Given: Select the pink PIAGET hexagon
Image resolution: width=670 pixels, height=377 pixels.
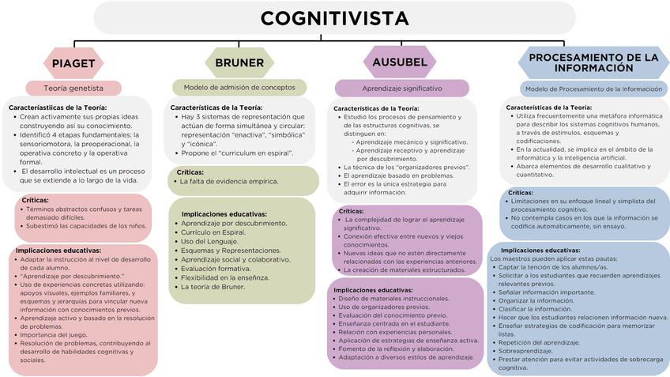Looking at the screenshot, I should pyautogui.click(x=74, y=63).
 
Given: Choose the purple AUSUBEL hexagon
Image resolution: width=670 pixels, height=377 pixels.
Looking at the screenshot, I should pyautogui.click(x=401, y=62).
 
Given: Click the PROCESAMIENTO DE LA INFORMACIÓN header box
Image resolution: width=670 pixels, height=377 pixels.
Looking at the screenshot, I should pyautogui.click(x=593, y=63).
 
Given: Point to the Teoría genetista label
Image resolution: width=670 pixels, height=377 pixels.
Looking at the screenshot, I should pyautogui.click(x=73, y=89).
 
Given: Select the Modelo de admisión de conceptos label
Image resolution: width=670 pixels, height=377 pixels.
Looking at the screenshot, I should pyautogui.click(x=239, y=87).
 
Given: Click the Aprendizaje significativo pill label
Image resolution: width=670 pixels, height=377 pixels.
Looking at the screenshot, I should pyautogui.click(x=402, y=89).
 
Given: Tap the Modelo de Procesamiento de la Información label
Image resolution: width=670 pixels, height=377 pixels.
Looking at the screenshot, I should pyautogui.click(x=594, y=89).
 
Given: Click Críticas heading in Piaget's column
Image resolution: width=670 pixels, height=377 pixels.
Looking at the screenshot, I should pyautogui.click(x=36, y=200).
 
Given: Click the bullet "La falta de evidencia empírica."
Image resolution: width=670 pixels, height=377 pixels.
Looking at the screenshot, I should pyautogui.click(x=229, y=181).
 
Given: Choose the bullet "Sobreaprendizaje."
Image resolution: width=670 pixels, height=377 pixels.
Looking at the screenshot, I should pyautogui.click(x=526, y=350).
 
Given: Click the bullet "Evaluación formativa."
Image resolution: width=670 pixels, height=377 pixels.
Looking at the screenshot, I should pyautogui.click(x=216, y=268).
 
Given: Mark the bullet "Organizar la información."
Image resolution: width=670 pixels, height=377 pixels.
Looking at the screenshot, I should pyautogui.click(x=536, y=300).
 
